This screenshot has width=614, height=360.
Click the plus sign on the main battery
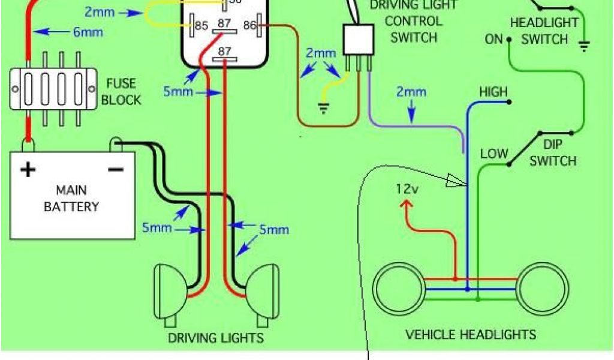pyautogui.click(x=28, y=170)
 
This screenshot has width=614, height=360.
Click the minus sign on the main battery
pyautogui.click(x=115, y=170)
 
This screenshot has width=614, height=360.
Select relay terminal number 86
pyautogui.click(x=248, y=25)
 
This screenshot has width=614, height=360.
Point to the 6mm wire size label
pyautogui.click(x=88, y=32)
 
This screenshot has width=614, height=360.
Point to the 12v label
pyautogui.click(x=407, y=189)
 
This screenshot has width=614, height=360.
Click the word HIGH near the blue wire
pyautogui.click(x=493, y=92)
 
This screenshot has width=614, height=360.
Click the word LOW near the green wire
pyautogui.click(x=494, y=154)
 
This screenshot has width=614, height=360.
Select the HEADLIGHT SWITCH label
pyautogui.click(x=544, y=31)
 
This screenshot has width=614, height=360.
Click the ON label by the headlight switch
pyautogui.click(x=493, y=40)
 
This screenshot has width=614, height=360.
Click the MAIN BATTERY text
pyautogui.click(x=71, y=199)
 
